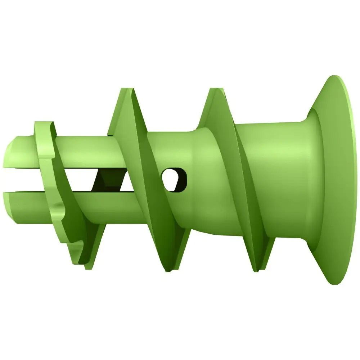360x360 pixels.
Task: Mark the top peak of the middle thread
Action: point(126,89)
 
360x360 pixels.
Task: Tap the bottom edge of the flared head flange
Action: point(337,283)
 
